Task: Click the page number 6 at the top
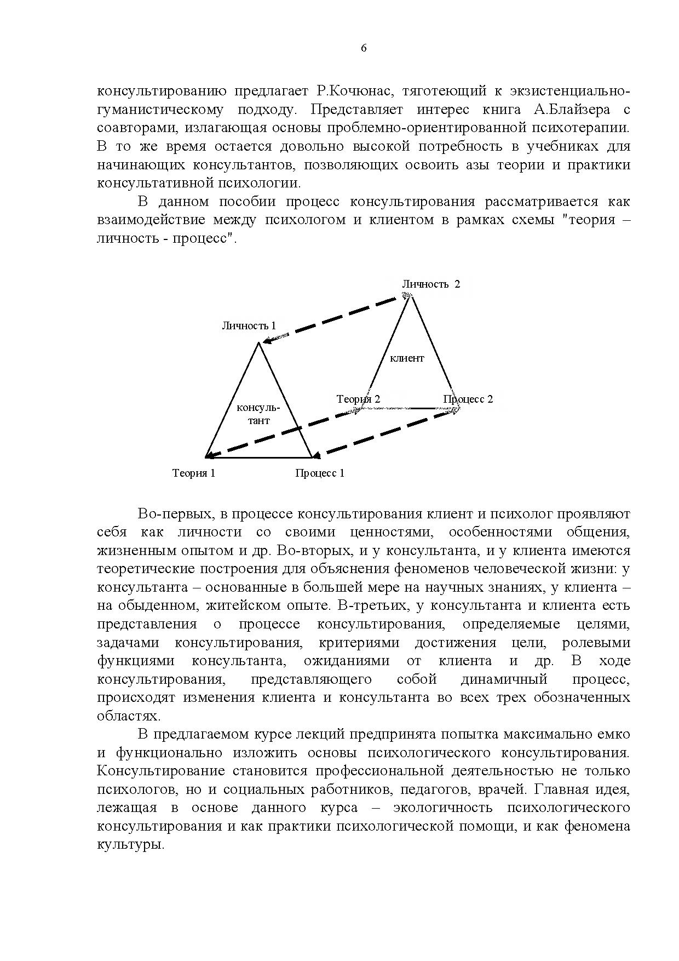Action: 364,48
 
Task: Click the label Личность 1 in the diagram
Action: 249,325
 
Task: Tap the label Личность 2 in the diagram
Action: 431,284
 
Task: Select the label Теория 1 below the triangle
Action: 194,473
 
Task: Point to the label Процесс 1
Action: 320,473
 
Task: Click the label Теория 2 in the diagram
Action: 358,399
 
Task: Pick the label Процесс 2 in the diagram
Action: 468,399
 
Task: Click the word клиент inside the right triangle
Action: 407,358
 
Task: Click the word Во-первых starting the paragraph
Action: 174,514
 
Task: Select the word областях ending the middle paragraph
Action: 128,716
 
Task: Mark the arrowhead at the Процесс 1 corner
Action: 315,455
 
